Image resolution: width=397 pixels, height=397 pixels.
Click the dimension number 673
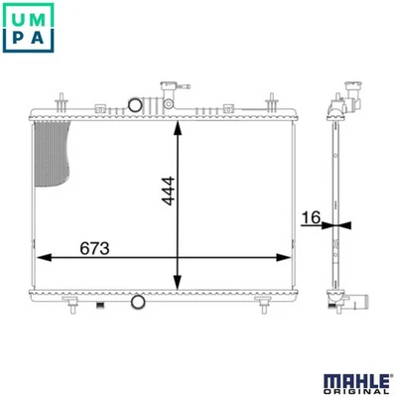(94, 248)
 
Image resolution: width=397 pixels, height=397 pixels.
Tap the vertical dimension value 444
(168, 192)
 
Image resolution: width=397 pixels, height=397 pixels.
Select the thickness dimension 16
(312, 217)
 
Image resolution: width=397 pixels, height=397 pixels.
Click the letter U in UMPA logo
(17, 19)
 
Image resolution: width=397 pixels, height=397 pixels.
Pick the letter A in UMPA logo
(38, 38)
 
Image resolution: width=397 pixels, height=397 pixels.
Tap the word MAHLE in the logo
(356, 381)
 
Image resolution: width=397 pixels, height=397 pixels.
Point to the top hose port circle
(135, 105)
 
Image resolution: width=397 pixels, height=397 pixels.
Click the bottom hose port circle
(138, 302)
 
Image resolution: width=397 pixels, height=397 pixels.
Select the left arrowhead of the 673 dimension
(44, 257)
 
